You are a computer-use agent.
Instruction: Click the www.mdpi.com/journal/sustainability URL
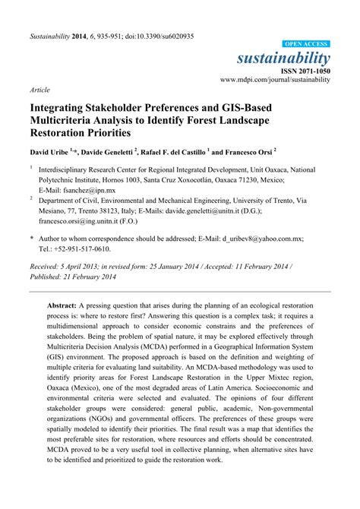click(275, 78)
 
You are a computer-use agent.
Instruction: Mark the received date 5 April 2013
click(87, 266)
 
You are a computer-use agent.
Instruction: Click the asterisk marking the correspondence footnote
click(31, 239)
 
